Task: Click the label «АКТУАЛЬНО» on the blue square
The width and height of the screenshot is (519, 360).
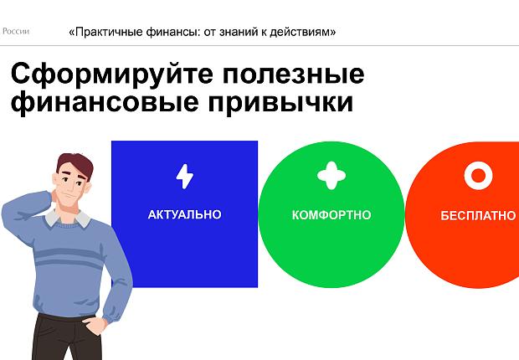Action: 184,215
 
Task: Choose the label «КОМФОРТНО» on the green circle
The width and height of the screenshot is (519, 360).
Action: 331,215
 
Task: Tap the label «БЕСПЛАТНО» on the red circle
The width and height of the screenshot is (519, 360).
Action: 478,215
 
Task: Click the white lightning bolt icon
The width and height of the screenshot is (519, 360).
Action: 184,177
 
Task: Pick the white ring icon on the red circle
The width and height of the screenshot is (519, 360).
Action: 477,176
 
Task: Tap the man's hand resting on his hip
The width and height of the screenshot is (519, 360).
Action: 104,322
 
